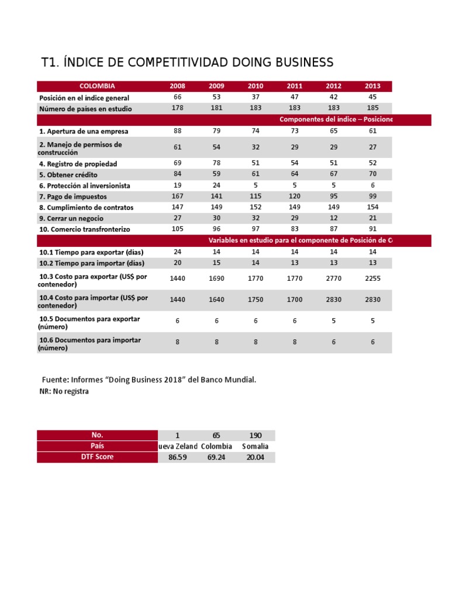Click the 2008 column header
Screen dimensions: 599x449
[x=177, y=86]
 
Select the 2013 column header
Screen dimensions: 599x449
[x=372, y=86]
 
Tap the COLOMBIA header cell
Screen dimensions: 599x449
[x=97, y=86]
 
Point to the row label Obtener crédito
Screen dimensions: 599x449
[x=68, y=175]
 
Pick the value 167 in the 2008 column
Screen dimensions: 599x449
[x=177, y=196]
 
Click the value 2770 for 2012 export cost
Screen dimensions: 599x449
[x=334, y=278]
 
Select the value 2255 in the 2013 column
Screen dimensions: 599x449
[x=372, y=278]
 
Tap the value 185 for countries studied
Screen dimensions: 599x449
[x=372, y=108]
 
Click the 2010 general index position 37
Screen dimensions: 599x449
[x=255, y=97]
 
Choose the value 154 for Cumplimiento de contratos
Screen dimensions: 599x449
[x=372, y=207]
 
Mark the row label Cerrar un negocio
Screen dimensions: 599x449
[x=71, y=218]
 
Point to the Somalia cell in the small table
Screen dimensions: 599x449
[x=255, y=446]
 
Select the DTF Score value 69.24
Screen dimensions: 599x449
[x=216, y=457]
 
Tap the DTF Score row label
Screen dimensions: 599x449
[x=97, y=457]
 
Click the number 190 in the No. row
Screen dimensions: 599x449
[x=255, y=436]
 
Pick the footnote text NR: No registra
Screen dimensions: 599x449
[x=64, y=391]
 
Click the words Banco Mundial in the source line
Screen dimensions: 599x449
[x=228, y=380]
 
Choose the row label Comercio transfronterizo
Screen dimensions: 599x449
[x=85, y=229]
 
